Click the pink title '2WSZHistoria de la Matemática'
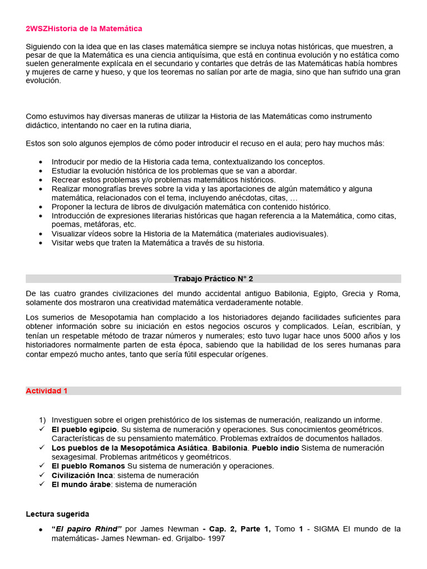[84, 28]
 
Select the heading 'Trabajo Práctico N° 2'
[213, 278]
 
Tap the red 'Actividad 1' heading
[47, 391]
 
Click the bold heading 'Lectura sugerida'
[57, 514]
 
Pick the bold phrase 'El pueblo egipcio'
[85, 430]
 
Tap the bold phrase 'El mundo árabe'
[81, 485]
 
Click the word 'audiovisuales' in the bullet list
[300, 233]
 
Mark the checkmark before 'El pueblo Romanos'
[42, 466]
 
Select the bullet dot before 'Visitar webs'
[42, 243]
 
